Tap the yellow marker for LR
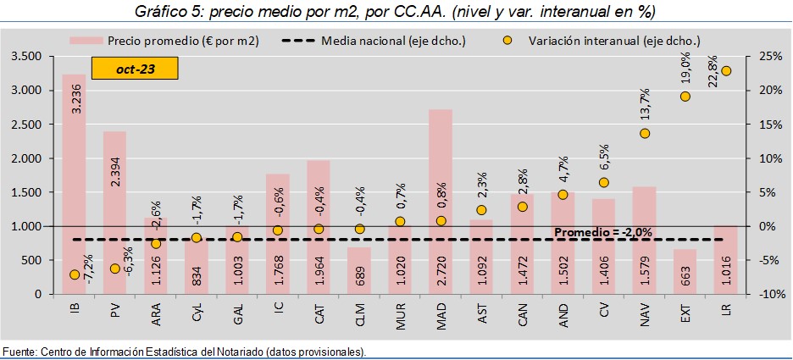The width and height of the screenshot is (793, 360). click(725, 71)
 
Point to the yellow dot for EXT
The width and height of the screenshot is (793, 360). click(685, 97)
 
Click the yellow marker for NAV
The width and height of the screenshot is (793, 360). click(645, 133)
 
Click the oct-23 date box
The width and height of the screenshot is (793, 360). click(136, 67)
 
